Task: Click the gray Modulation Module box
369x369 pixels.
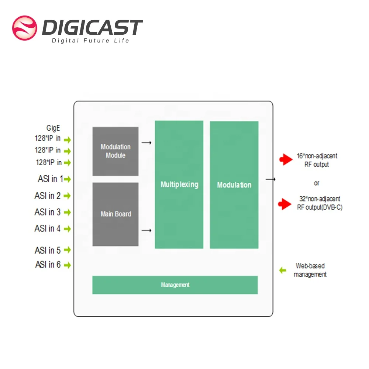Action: [x=115, y=151]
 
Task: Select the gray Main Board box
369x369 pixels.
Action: [x=115, y=214]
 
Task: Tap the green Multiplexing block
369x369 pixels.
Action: [x=179, y=184]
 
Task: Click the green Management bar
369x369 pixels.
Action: [x=175, y=285]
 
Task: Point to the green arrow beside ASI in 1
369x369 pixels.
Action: [x=67, y=179]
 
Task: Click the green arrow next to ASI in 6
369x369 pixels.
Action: [x=67, y=265]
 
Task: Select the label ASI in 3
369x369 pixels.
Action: [x=48, y=212]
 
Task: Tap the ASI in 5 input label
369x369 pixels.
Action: [x=48, y=251]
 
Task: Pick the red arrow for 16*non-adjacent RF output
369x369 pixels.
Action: [x=286, y=160]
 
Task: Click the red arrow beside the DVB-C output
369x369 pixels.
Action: [x=285, y=204]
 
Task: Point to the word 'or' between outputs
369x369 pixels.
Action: [x=316, y=183]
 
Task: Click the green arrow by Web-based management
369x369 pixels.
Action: [x=283, y=270]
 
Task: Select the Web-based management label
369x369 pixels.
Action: [x=310, y=270]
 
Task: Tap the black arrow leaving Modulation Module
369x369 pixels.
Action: [x=146, y=142]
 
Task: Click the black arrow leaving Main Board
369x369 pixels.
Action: [x=146, y=231]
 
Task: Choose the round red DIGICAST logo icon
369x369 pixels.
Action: [x=24, y=28]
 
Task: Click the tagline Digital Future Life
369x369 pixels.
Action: [x=90, y=41]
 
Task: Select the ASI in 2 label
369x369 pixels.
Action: [x=48, y=196]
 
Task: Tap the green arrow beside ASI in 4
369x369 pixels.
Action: [x=67, y=229]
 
